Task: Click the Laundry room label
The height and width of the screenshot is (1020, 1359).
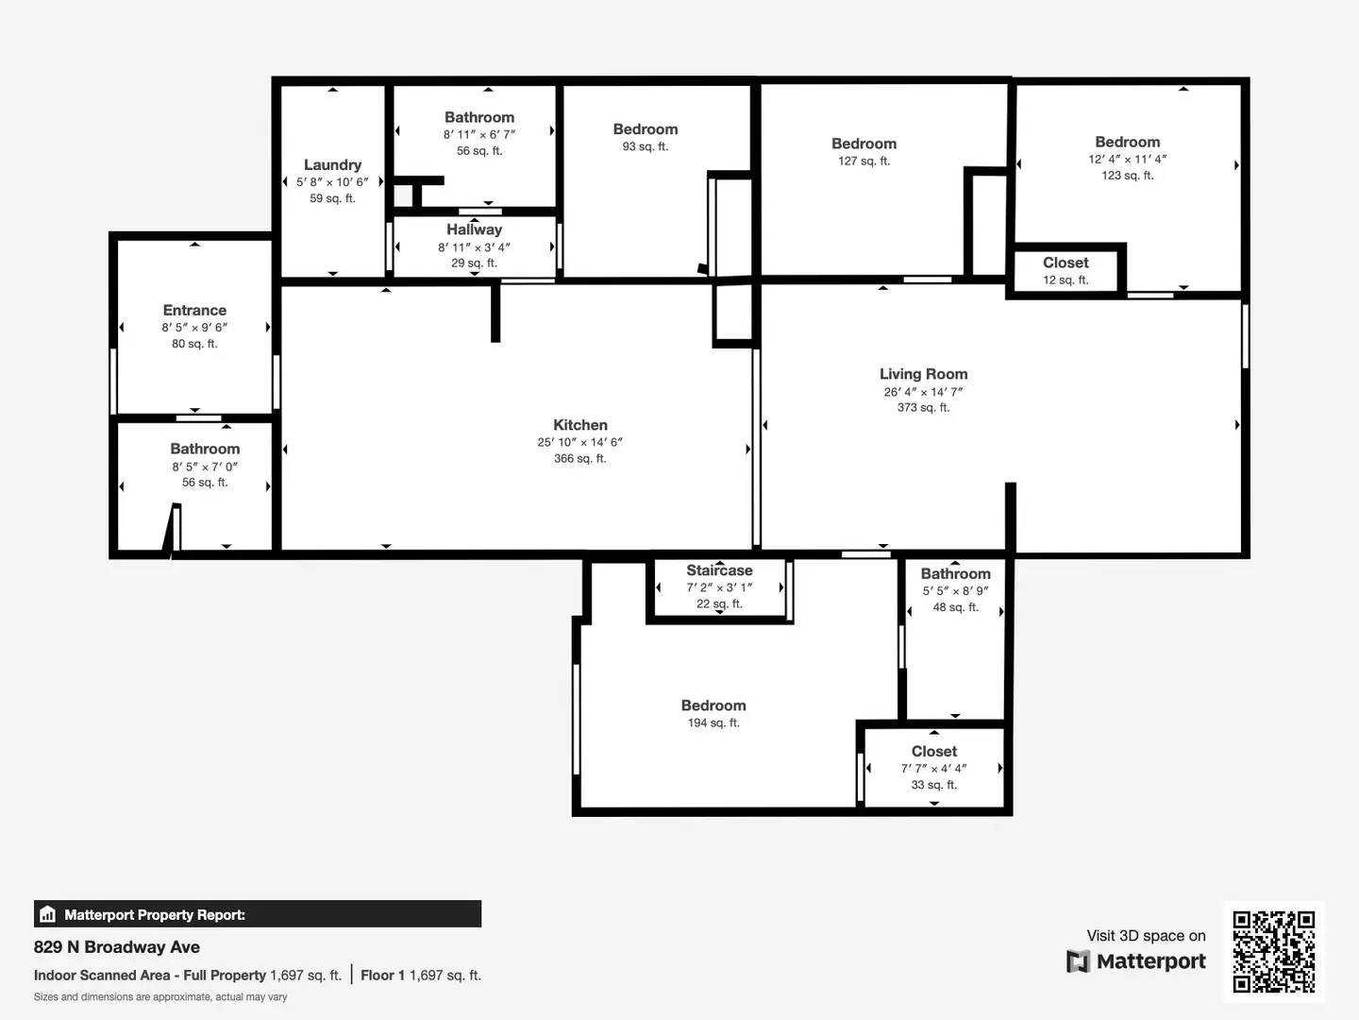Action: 332,164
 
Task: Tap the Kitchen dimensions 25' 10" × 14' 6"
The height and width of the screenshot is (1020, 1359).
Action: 579,442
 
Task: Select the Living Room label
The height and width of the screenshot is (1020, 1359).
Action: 923,374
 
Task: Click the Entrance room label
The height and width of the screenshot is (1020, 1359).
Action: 194,310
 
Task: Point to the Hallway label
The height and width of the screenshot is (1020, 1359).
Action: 474,229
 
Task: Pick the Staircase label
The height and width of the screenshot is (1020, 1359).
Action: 719,570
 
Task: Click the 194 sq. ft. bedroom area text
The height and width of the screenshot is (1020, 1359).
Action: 713,722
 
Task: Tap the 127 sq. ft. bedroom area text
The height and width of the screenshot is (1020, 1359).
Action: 864,161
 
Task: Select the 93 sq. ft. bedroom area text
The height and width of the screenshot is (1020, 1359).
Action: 645,146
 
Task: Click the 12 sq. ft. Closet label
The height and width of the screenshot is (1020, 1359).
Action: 1065,263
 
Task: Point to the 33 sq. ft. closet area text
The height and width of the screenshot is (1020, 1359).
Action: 933,785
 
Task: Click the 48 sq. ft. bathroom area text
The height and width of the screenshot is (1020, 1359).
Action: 955,607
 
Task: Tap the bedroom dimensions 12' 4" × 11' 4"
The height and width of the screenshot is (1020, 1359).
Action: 1127,159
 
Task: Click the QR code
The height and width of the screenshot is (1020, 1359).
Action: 1273,951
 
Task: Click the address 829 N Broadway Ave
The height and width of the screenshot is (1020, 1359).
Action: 117,946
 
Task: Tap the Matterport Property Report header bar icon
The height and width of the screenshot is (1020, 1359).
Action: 48,914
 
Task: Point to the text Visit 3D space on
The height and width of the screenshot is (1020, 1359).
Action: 1146,935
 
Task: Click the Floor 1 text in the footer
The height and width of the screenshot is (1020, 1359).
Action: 382,975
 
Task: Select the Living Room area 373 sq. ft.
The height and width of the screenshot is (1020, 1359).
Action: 923,407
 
